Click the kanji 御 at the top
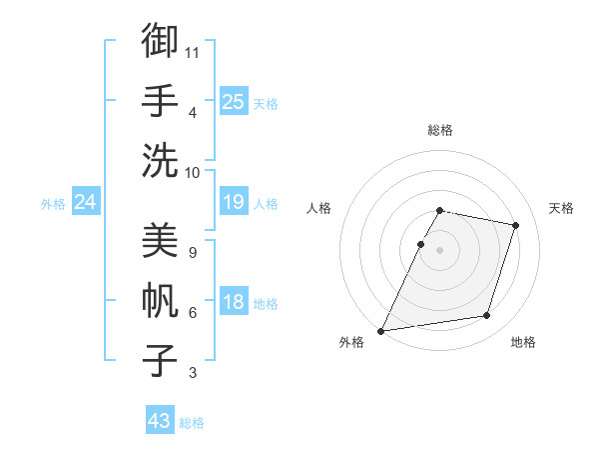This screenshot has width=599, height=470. click(160, 42)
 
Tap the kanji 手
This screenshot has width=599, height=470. click(160, 100)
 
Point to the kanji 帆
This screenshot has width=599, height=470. click(160, 301)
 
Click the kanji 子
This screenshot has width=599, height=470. click(160, 360)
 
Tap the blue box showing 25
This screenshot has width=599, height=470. click(234, 102)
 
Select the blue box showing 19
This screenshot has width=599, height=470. click(234, 203)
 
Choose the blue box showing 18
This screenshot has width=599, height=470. click(234, 303)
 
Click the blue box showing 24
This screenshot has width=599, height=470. click(86, 203)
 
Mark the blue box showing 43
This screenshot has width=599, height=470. click(160, 421)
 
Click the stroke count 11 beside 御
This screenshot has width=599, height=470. click(193, 50)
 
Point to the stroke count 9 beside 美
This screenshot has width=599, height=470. click(193, 251)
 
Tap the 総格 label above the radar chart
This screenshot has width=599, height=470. click(440, 130)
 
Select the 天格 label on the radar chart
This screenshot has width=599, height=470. click(561, 208)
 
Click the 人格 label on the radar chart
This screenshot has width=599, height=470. click(318, 208)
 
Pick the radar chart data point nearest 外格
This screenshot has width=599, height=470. click(381, 330)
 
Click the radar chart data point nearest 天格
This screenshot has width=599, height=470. click(516, 225)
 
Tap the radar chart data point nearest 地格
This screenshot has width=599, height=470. click(487, 316)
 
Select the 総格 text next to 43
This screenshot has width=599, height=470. click(192, 423)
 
